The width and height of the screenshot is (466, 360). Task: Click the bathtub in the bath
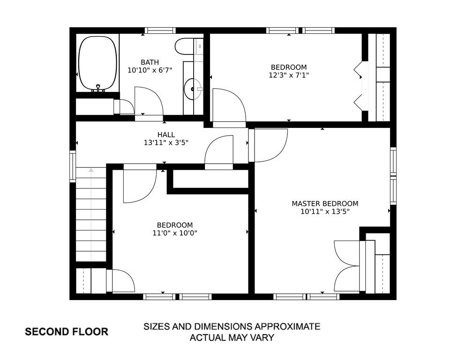click(97, 63)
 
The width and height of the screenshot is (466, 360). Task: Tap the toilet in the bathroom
click(185, 47)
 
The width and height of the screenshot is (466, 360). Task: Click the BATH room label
click(150, 62)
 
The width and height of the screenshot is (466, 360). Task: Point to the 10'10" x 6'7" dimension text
click(150, 70)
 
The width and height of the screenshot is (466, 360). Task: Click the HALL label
click(166, 135)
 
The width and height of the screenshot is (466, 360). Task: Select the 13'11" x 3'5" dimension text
click(166, 142)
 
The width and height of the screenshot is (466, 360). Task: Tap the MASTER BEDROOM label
click(325, 203)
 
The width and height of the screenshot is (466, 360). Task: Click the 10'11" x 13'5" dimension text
click(325, 212)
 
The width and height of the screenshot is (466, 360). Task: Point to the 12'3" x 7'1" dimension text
click(289, 75)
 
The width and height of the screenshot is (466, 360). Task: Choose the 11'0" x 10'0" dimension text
click(175, 233)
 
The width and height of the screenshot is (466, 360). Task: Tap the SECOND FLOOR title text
click(67, 332)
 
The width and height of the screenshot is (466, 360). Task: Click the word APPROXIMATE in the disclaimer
click(287, 326)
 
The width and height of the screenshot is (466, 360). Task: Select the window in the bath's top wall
click(160, 30)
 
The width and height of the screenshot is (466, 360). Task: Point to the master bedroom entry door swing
click(268, 145)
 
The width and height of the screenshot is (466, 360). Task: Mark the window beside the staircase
click(73, 166)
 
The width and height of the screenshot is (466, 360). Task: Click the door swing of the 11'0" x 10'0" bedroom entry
click(140, 183)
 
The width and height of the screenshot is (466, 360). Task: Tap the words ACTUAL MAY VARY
click(232, 337)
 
